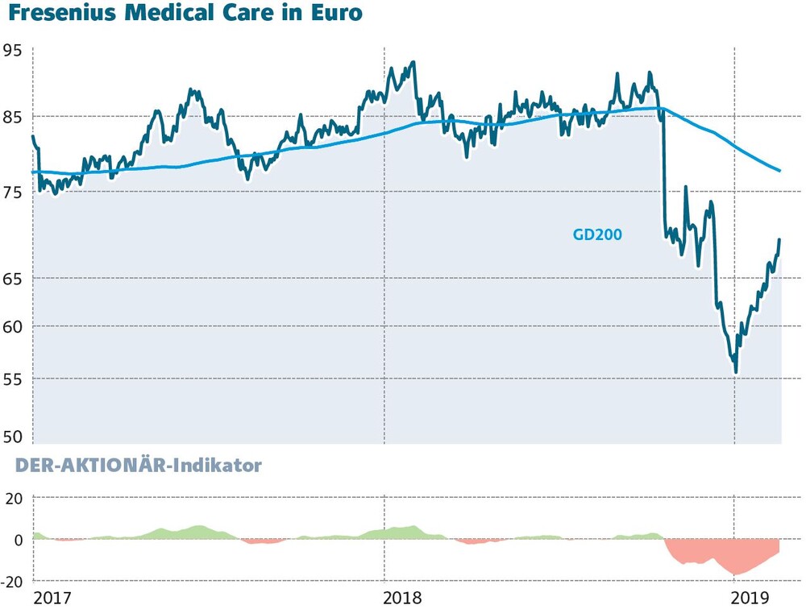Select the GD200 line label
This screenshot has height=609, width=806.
(x=597, y=235)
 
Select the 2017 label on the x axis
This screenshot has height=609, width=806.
(x=52, y=599)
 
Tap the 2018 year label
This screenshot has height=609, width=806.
(x=402, y=599)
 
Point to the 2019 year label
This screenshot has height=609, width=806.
(x=750, y=599)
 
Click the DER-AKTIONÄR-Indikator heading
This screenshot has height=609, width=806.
(x=139, y=465)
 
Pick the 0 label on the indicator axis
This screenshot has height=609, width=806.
(x=18, y=541)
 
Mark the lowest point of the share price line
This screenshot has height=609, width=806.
(x=736, y=373)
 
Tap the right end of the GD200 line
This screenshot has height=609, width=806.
(x=780, y=171)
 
